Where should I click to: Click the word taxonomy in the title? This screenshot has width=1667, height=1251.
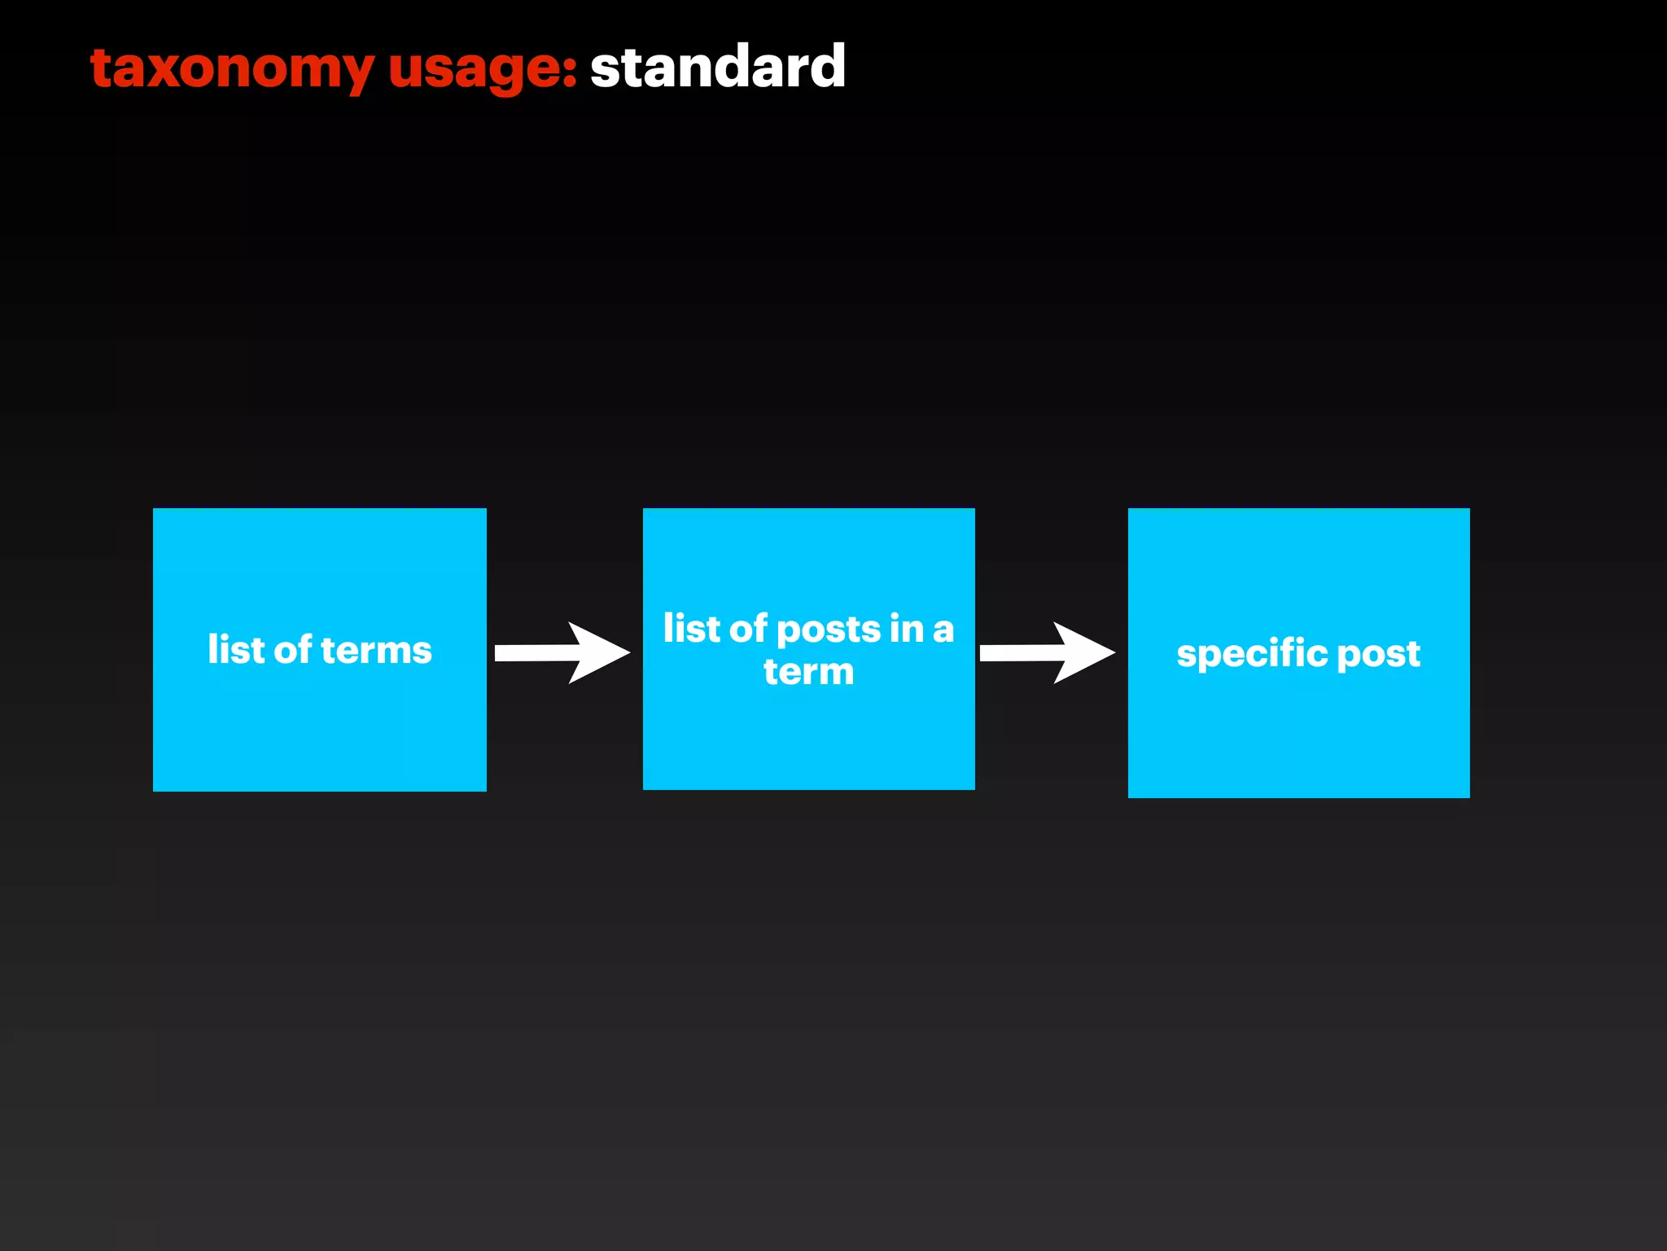point(232,68)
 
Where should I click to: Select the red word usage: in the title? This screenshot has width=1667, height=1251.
point(482,68)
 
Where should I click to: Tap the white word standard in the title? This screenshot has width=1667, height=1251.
point(717,67)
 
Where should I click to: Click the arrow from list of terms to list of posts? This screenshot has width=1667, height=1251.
point(562,652)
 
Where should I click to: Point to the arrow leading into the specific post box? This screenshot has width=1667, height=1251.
point(1047,652)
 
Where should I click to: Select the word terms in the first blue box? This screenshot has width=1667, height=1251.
point(376,650)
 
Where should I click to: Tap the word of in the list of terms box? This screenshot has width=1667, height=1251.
point(293,649)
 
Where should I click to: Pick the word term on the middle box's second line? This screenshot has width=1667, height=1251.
point(808,672)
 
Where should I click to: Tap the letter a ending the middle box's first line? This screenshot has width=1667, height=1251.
point(943,630)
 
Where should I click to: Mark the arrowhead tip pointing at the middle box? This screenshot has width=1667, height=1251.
point(628,652)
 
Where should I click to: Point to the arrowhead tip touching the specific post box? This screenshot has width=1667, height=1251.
point(1113,652)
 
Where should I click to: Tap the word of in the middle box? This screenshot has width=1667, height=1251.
point(748,628)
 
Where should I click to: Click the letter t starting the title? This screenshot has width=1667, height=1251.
point(101,68)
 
